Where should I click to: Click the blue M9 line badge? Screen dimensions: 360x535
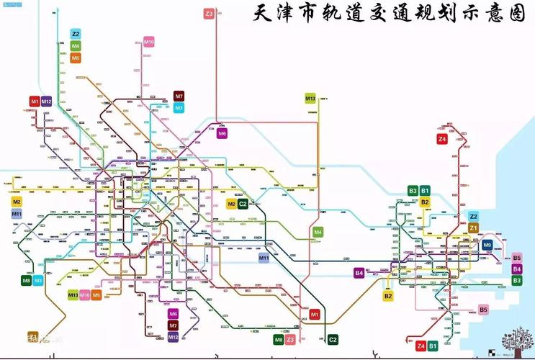pos(487,246)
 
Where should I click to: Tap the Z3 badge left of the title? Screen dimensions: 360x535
pos(209,14)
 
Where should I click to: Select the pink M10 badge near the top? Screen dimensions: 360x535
pos(149,42)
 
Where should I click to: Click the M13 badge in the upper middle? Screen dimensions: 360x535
pos(310,99)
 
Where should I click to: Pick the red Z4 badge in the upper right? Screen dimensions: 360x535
pos(442,139)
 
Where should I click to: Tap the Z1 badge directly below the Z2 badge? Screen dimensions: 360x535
pos(473,228)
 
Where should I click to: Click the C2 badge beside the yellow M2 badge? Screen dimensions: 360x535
pos(243,204)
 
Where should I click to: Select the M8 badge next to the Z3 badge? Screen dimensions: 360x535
pos(278,339)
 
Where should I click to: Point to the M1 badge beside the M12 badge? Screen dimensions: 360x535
pos(35,102)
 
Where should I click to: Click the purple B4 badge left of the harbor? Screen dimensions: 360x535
pos(359,273)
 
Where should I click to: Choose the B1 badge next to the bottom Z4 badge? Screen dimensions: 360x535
pos(433,346)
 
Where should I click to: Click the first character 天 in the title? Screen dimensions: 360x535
pos(266,14)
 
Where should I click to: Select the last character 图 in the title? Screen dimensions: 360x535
pos(517,14)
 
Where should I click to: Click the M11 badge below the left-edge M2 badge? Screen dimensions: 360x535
pos(17,214)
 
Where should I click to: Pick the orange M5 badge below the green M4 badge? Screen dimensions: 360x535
pos(76,58)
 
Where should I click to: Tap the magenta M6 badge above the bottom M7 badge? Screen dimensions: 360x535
pos(173,314)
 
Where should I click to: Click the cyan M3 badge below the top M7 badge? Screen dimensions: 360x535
pos(179,107)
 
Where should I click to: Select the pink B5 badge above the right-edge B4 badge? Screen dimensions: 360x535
pos(516,258)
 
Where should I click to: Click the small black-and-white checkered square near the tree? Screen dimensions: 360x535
pos(493,352)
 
